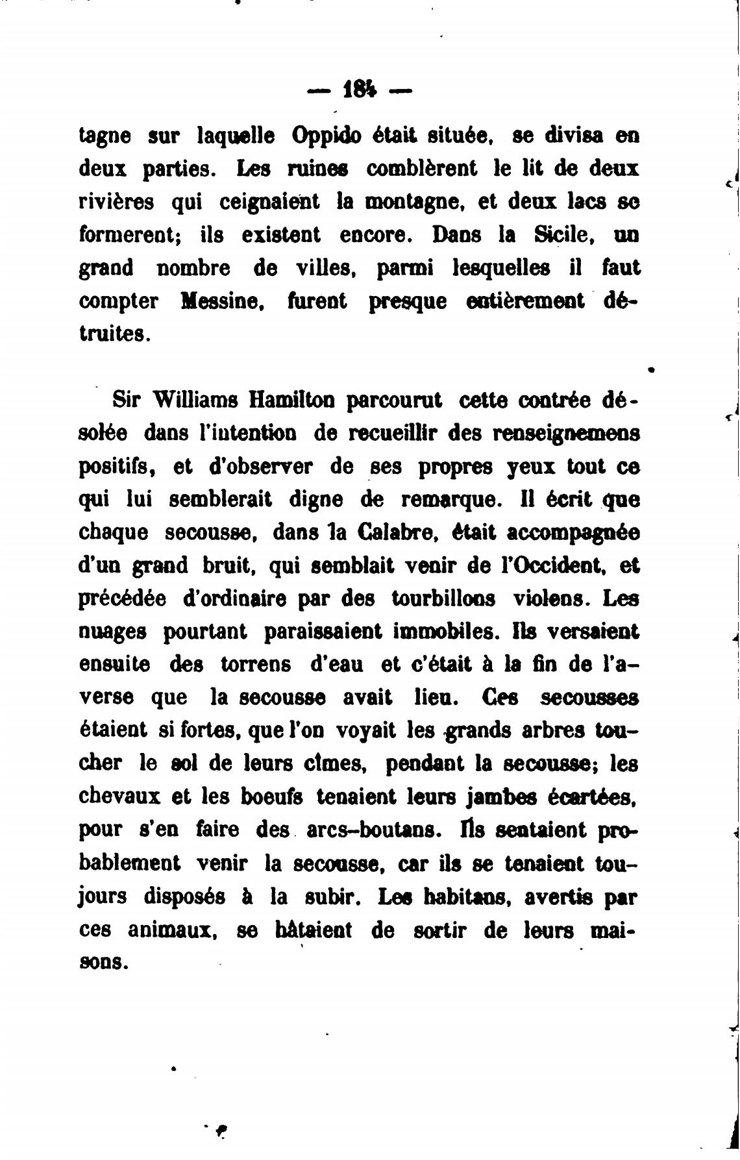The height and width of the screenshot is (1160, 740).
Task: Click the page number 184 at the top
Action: (359, 89)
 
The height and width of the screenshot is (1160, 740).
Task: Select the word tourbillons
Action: (443, 599)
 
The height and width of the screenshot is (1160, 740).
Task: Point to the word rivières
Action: (116, 202)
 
